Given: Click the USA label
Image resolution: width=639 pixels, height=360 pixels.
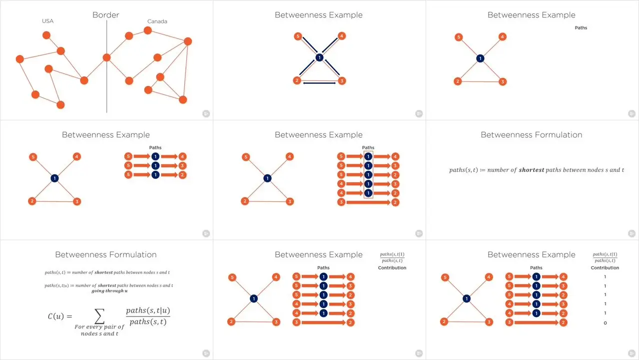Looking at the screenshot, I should tap(47, 21).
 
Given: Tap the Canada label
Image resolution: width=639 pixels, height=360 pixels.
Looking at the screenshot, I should tap(157, 21).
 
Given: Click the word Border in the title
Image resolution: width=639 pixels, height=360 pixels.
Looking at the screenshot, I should tap(106, 15).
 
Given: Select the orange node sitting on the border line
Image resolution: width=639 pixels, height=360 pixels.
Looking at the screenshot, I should tap(106, 57).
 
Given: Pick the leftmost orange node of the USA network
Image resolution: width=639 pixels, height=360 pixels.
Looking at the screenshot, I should tap(20, 59).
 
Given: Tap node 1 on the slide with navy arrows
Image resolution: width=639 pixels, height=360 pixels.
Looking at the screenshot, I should tap(319, 58).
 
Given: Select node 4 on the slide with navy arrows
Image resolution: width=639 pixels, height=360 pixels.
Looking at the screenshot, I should tap(341, 36).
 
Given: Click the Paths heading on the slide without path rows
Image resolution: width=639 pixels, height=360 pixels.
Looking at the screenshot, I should tap(581, 28).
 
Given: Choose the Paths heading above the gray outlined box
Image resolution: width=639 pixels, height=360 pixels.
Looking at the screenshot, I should tap(368, 148).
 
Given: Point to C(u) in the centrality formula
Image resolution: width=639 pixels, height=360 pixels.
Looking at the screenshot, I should tap(63, 316).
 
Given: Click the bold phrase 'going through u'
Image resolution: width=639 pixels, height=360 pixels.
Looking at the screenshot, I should tap(108, 291).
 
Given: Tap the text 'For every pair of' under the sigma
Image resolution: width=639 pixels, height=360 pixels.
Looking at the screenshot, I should tap(99, 327).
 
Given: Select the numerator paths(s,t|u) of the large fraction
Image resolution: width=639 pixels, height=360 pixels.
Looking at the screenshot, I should tap(148, 311).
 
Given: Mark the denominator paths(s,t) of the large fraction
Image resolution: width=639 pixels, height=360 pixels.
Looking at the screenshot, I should tap(148, 322).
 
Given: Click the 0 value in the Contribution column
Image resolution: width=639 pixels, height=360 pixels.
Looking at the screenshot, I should tap(605, 323).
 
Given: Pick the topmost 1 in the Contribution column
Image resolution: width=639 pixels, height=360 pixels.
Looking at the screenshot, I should tap(605, 277).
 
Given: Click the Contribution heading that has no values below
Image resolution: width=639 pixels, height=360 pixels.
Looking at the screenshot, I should tap(392, 268).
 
